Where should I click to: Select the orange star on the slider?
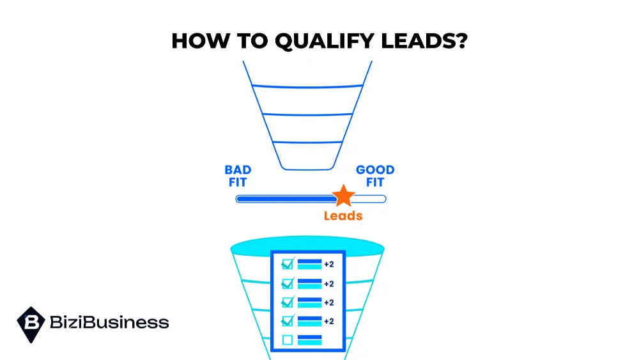click(343, 196)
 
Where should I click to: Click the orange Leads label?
click(343, 216)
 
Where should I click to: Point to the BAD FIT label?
click(238, 176)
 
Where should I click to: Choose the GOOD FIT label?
click(375, 176)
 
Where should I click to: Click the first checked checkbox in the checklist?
click(288, 264)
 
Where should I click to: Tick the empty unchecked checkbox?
click(288, 340)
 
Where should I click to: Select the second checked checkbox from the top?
click(288, 283)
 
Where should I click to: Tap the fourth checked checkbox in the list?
click(288, 320)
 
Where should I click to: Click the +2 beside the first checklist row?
click(329, 264)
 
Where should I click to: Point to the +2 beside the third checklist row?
click(329, 302)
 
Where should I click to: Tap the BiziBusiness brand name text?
click(109, 322)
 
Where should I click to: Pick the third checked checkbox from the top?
click(288, 302)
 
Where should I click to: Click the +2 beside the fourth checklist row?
click(329, 321)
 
